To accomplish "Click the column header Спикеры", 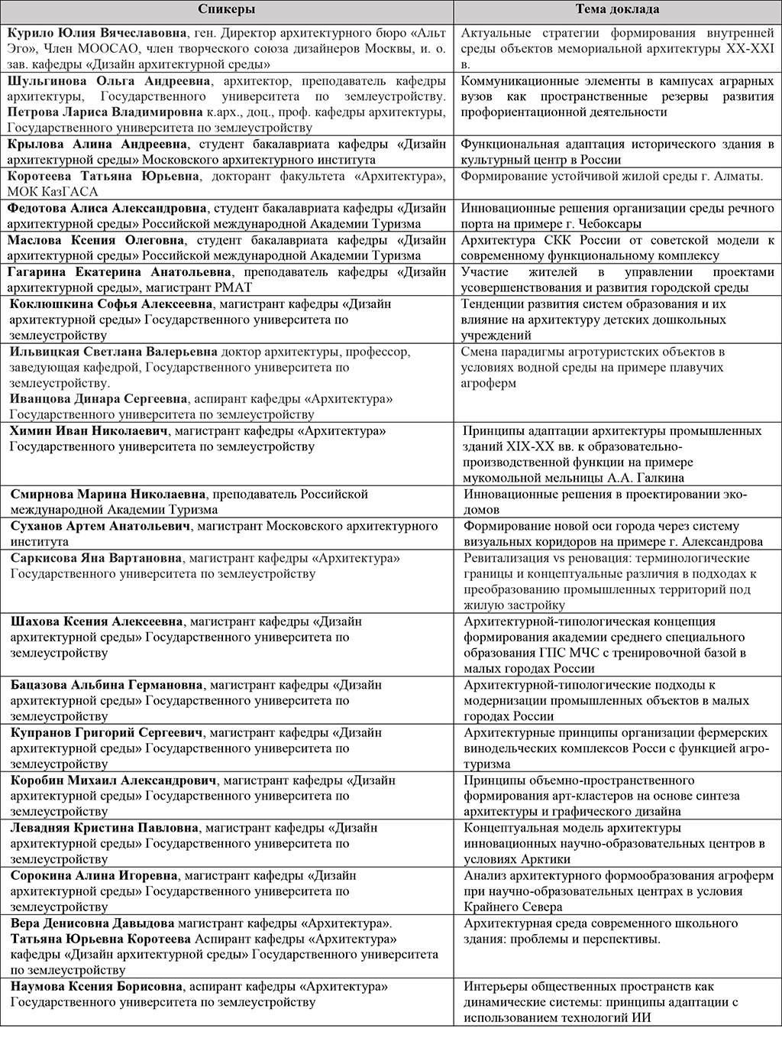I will (x=227, y=10).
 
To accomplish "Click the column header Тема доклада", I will (x=617, y=10).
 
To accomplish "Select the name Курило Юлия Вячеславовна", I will (x=97, y=34).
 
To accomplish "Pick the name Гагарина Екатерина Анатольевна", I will (x=106, y=271).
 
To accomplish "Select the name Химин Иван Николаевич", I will (x=91, y=431).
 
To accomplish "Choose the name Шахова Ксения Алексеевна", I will (x=96, y=621).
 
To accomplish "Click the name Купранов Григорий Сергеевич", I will (x=107, y=732).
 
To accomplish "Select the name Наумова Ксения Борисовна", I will (x=96, y=987).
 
